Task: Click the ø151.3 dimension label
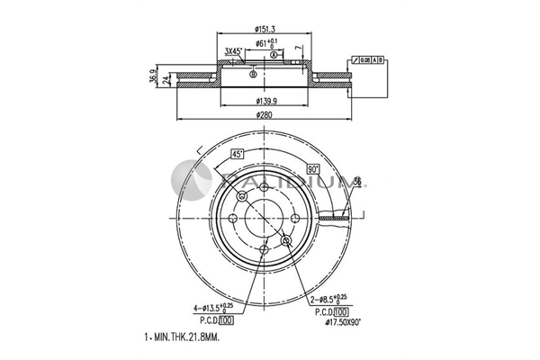(265, 29)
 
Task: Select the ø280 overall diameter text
(265, 114)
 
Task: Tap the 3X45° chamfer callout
(234, 51)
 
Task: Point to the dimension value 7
(299, 50)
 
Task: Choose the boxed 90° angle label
(313, 168)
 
